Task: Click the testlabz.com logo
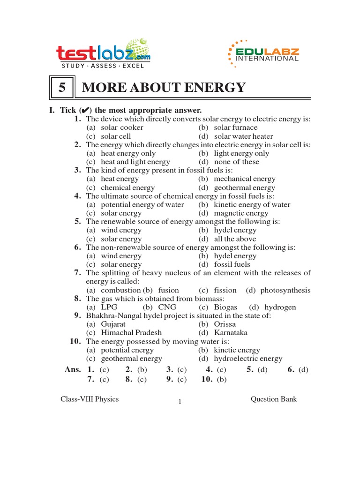(103, 56)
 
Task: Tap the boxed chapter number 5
(62, 88)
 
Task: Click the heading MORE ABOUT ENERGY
(164, 88)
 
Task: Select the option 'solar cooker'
(122, 127)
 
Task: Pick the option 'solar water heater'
(243, 136)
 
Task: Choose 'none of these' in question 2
(236, 162)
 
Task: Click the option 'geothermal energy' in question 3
(244, 187)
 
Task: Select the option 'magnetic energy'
(241, 213)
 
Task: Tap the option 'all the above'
(235, 239)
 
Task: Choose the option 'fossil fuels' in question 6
(232, 264)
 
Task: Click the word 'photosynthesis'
(285, 290)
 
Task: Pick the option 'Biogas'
(225, 307)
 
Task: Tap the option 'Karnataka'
(231, 333)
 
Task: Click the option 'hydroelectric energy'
(248, 359)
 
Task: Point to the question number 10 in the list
(76, 341)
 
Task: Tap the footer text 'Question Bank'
(274, 399)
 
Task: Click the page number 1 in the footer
(180, 402)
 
